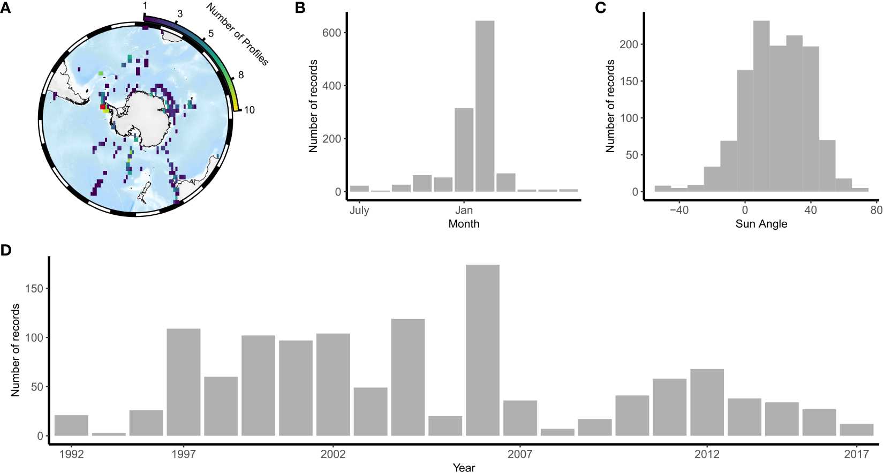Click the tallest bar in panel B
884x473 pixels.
coord(485,107)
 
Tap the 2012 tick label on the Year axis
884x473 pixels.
coord(707,455)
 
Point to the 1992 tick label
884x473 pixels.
coord(71,455)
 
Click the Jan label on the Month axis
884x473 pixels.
coord(464,210)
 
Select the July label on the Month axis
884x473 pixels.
coord(359,210)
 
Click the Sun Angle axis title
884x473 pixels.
coord(761,224)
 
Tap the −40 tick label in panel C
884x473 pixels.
coord(678,210)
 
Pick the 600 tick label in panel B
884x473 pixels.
coord(331,33)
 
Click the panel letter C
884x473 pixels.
coord(601,8)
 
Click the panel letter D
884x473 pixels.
coord(6,250)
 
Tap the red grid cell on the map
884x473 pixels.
coord(103,107)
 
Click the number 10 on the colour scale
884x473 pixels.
coord(250,110)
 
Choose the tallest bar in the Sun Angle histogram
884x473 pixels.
coord(761,107)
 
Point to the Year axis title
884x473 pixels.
coord(464,468)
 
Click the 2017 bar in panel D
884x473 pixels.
coord(857,430)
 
